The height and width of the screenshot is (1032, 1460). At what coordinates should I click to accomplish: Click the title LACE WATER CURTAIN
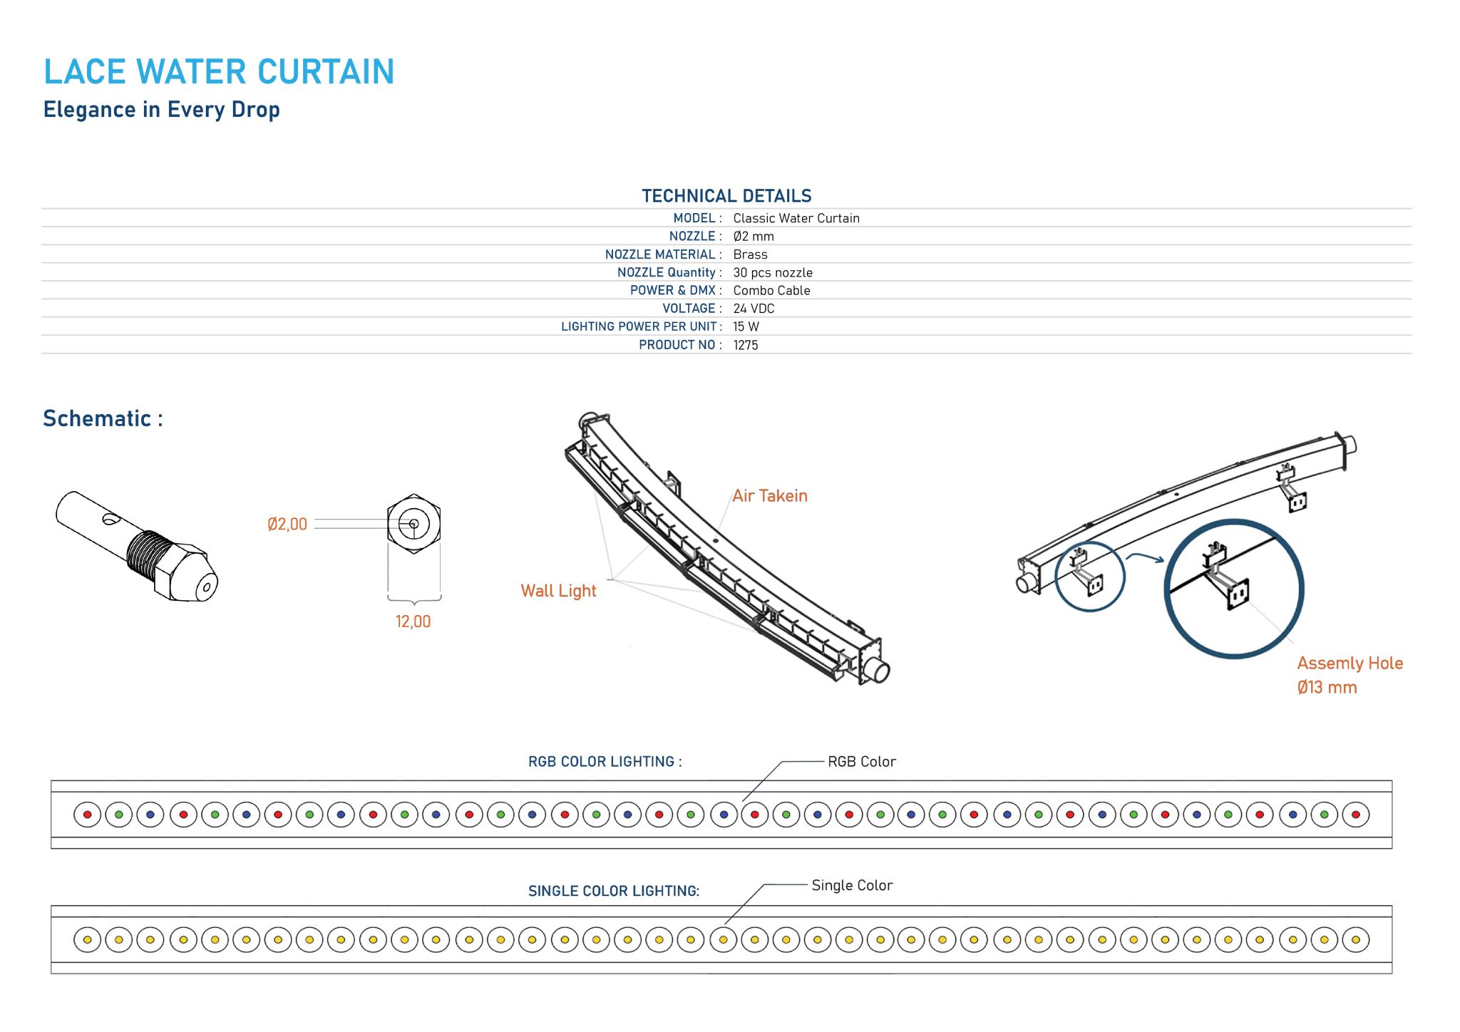[x=219, y=72]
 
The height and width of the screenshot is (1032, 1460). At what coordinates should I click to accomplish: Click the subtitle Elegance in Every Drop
[x=162, y=110]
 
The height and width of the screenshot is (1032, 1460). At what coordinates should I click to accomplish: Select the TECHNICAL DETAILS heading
[x=726, y=196]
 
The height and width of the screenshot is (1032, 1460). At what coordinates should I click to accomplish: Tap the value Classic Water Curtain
[x=796, y=218]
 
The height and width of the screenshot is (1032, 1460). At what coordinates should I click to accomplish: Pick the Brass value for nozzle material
[x=750, y=254]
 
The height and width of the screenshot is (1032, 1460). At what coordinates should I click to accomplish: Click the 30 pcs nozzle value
[x=772, y=272]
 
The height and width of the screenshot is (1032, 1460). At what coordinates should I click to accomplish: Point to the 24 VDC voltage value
[x=754, y=309]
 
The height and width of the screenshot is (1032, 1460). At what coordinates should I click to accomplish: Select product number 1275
[x=745, y=345]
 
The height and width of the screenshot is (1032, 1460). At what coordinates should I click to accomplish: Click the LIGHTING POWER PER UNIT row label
[x=639, y=326]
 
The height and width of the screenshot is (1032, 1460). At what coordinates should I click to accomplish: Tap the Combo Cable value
[x=771, y=290]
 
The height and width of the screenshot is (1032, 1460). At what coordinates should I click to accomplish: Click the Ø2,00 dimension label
[x=287, y=525]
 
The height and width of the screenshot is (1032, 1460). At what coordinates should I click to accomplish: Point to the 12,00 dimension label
[x=413, y=621]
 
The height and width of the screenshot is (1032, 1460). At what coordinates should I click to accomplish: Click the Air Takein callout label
[x=770, y=496]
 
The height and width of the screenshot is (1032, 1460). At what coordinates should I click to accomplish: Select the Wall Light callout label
[x=558, y=591]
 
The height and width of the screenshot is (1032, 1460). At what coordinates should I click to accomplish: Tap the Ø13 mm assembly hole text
[x=1327, y=688]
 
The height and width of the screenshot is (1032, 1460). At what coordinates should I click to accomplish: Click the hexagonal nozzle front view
[x=413, y=524]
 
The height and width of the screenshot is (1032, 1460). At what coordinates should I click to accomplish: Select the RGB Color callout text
[x=861, y=761]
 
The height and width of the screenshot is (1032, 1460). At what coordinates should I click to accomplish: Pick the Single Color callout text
[x=852, y=885]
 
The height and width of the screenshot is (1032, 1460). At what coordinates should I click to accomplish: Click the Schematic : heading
[x=103, y=418]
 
